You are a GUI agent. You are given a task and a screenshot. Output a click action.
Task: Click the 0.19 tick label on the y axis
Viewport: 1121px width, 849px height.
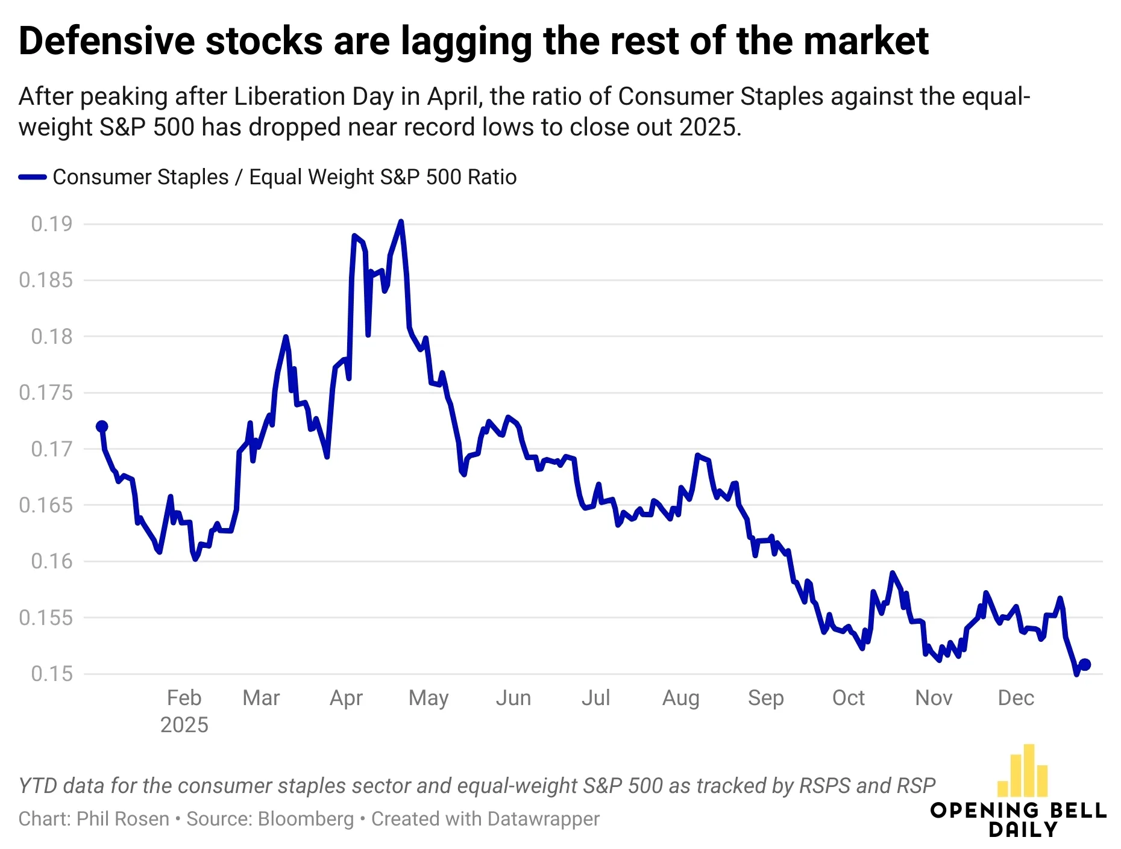pyautogui.click(x=51, y=224)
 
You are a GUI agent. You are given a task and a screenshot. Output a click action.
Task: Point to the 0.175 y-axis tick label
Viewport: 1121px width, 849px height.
pyautogui.click(x=45, y=393)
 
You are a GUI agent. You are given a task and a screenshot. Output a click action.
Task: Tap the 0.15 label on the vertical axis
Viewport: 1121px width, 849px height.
pyautogui.click(x=51, y=673)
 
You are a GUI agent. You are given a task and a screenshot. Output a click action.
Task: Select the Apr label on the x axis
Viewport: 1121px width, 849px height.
pyautogui.click(x=346, y=698)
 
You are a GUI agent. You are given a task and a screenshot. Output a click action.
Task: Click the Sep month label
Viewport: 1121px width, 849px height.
pyautogui.click(x=765, y=698)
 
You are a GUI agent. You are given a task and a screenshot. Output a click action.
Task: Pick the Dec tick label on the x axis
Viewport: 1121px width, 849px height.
pyautogui.click(x=1016, y=698)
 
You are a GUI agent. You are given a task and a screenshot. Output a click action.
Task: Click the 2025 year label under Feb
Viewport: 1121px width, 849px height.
pyautogui.click(x=184, y=724)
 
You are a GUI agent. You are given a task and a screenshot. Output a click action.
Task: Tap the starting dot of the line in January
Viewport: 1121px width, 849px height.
pyautogui.click(x=102, y=426)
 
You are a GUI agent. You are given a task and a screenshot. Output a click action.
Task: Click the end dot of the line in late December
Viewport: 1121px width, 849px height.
pyautogui.click(x=1085, y=664)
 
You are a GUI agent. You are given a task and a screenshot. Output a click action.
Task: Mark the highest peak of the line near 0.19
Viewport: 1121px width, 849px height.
pyautogui.click(x=401, y=222)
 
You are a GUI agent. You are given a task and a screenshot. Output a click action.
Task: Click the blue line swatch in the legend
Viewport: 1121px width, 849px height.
pyautogui.click(x=33, y=177)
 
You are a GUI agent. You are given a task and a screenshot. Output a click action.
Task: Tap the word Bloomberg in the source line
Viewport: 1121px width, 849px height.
pyautogui.click(x=306, y=819)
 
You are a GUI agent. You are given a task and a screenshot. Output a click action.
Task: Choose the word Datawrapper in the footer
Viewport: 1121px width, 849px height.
pyautogui.click(x=544, y=819)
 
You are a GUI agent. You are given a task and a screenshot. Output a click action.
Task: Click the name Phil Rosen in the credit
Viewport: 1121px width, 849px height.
pyautogui.click(x=123, y=819)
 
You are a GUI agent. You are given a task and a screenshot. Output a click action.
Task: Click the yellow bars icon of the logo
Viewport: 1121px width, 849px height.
pyautogui.click(x=1023, y=771)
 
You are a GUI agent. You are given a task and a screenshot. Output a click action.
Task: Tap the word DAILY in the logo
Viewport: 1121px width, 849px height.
pyautogui.click(x=1023, y=830)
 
